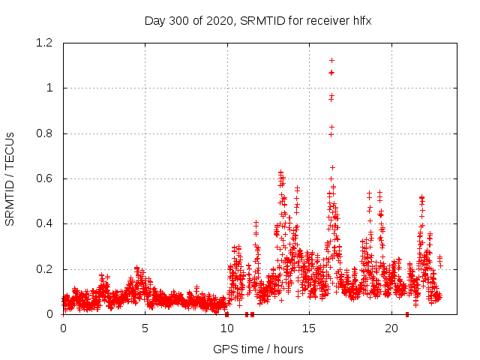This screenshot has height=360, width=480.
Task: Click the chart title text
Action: [258, 21]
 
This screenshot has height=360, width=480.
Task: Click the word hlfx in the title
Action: [361, 21]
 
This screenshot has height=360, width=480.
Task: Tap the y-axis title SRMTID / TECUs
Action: [10, 178]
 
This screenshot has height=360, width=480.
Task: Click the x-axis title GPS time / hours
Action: [258, 349]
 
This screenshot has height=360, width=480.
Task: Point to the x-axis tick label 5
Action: [145, 328]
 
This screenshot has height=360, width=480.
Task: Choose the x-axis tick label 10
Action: [227, 328]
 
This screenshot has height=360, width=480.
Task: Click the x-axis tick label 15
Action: [309, 328]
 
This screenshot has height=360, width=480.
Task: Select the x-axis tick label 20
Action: [391, 328]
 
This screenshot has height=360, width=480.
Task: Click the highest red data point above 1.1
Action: [331, 60]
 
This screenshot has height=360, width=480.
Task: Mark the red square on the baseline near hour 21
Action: [407, 314]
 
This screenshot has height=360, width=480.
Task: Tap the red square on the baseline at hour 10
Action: [226, 314]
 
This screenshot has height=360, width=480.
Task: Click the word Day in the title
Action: [154, 21]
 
